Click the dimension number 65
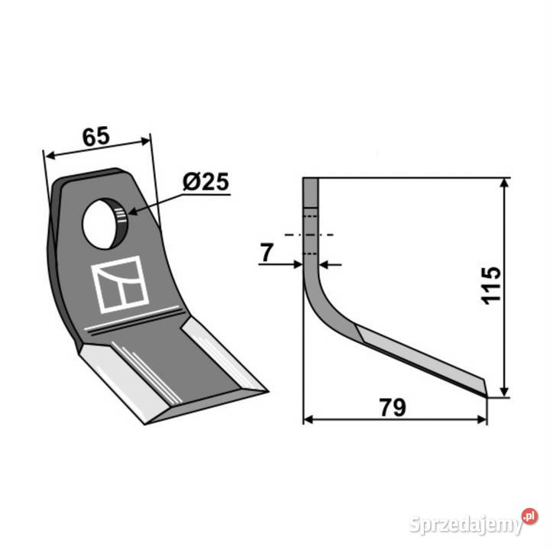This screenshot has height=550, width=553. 96,137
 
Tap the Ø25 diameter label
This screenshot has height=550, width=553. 206,182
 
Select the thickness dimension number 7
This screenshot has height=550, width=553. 267,253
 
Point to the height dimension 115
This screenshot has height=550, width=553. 490,286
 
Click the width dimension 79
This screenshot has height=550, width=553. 393,407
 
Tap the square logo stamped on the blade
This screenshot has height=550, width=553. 120,284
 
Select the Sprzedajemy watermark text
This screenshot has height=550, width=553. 466,526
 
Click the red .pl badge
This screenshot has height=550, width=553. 530,516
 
